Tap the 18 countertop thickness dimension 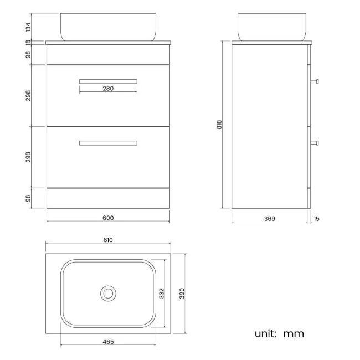click(x=28, y=42)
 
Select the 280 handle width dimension click(x=108, y=89)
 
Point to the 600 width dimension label click(x=108, y=218)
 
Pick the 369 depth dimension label click(x=269, y=219)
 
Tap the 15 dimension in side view click(x=316, y=219)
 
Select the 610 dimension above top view click(x=108, y=240)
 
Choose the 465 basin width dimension click(x=108, y=342)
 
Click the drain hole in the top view click(x=108, y=294)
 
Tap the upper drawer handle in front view click(x=108, y=81)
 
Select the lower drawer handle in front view click(x=108, y=143)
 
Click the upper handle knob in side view click(x=316, y=81)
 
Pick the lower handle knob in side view click(x=316, y=143)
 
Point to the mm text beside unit click(x=294, y=334)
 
